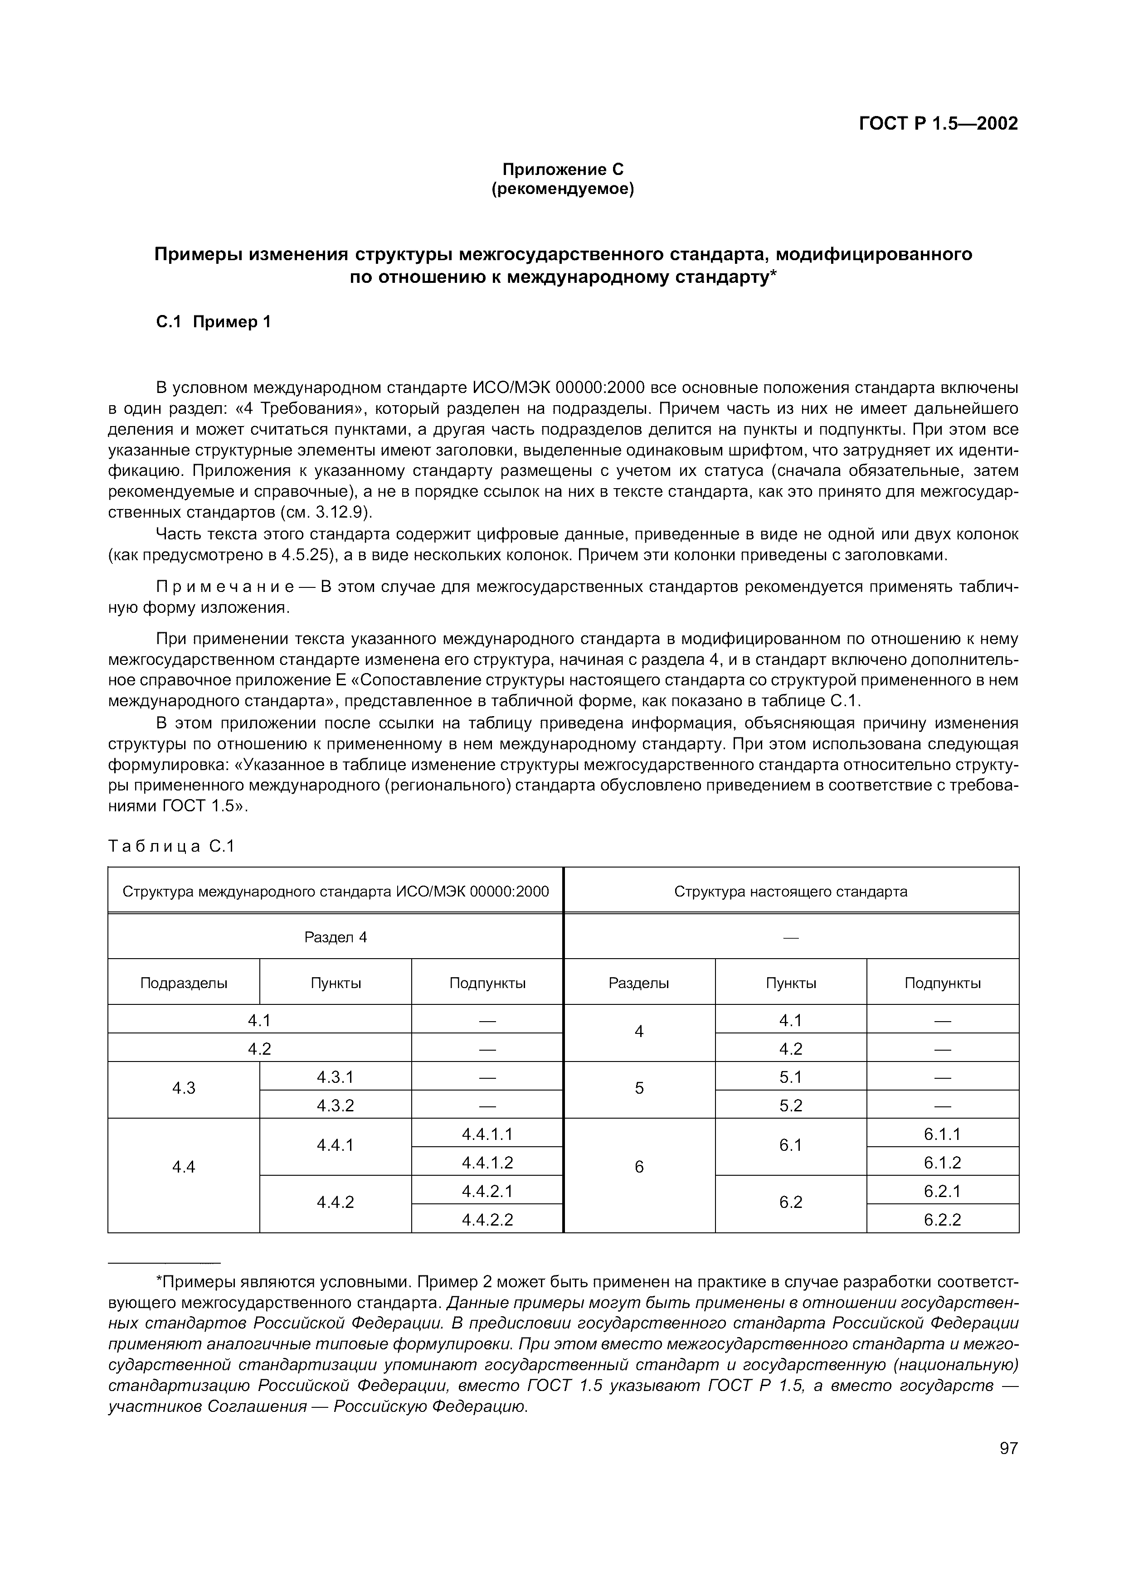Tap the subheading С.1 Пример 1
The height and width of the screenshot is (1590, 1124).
213,322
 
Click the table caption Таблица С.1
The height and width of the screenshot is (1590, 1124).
172,846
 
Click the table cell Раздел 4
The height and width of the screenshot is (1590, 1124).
335,937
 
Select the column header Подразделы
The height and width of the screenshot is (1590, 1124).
184,983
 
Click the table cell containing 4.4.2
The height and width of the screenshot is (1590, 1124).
335,1202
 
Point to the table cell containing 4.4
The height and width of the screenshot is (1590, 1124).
184,1167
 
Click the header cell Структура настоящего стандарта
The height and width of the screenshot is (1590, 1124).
790,891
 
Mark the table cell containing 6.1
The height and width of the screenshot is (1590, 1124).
790,1145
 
